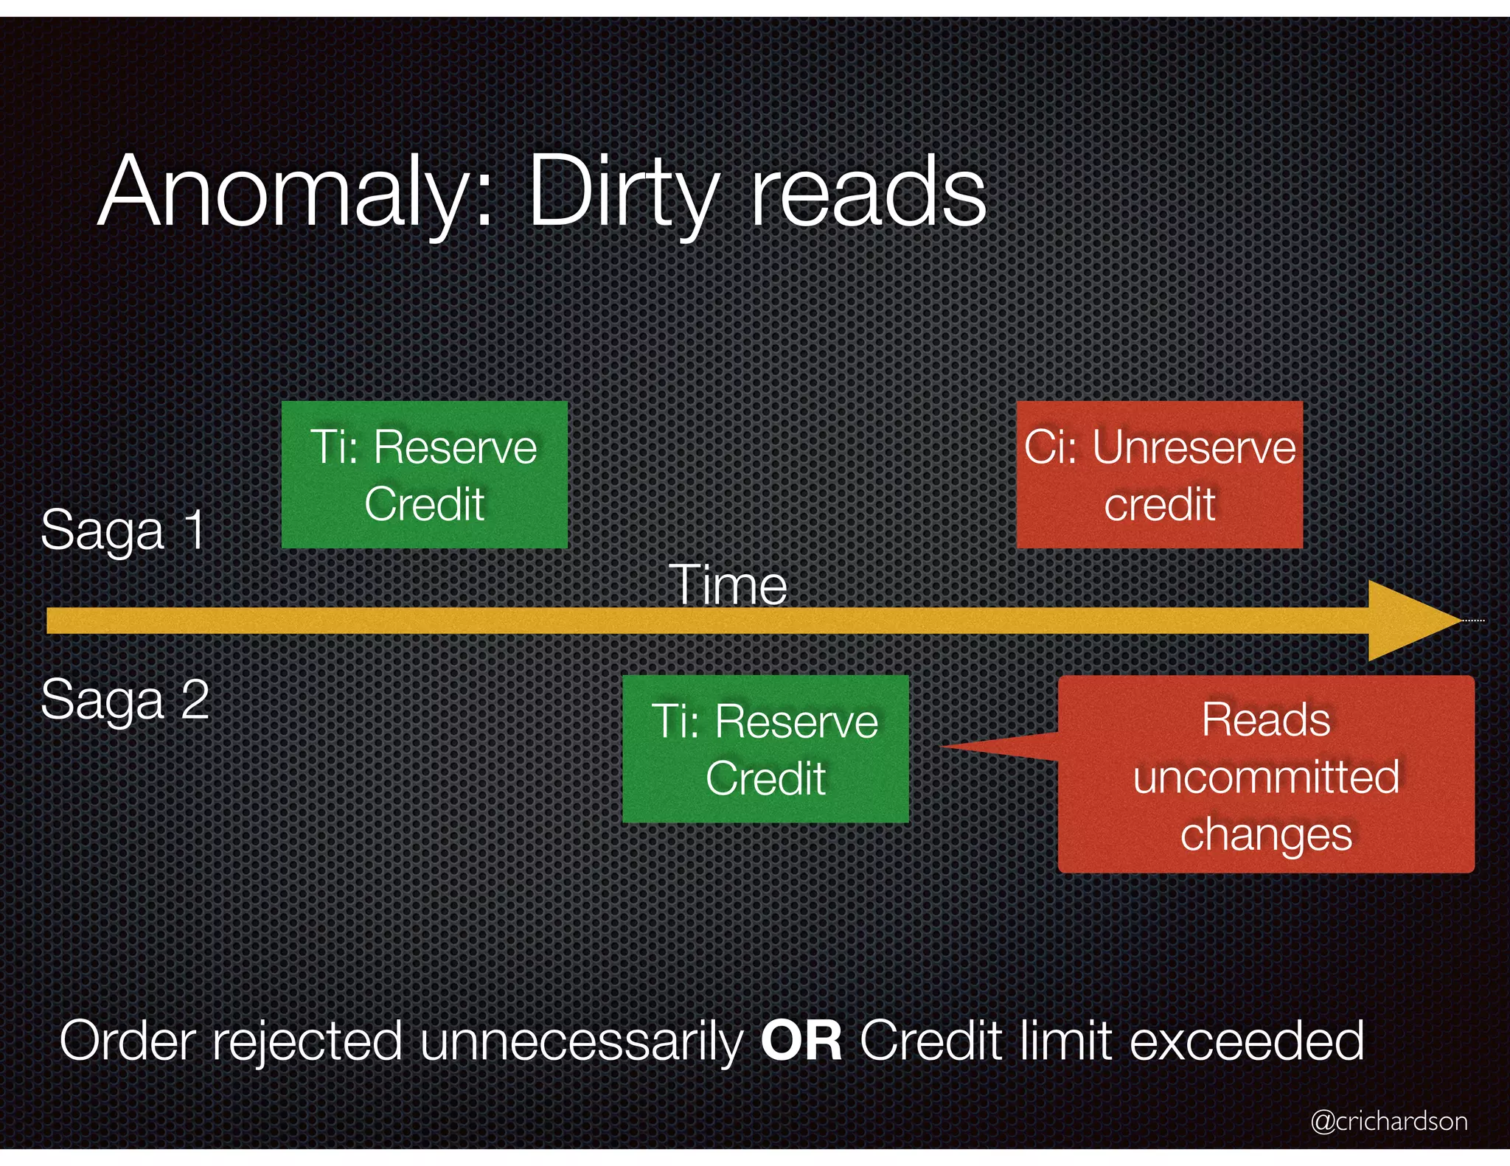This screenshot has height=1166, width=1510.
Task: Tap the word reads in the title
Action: tap(868, 193)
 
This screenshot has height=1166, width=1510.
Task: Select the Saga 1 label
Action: tap(123, 529)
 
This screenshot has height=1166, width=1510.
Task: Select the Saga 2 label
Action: tap(125, 699)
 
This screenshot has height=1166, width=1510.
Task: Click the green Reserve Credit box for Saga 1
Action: tap(424, 475)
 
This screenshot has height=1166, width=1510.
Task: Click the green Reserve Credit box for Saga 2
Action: tap(765, 749)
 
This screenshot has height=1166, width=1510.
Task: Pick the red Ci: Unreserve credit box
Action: tap(1159, 475)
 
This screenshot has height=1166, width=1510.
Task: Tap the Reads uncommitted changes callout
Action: tap(1266, 775)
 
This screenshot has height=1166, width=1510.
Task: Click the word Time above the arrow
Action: tap(728, 585)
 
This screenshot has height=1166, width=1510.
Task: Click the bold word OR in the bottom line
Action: tap(801, 1041)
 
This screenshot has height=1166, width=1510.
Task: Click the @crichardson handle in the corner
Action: tap(1388, 1121)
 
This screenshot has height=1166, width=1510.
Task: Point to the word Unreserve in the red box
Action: tap(1194, 447)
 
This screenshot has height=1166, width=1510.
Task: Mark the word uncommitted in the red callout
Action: tap(1266, 777)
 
